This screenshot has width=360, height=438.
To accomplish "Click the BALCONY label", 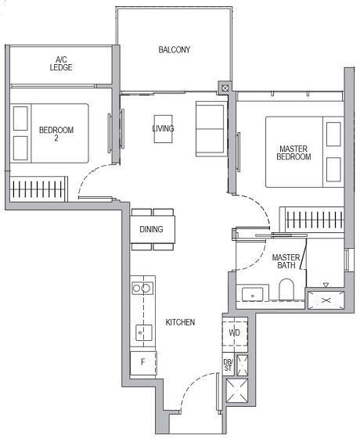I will [x=174, y=50].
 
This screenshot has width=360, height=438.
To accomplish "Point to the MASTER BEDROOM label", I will [x=293, y=152].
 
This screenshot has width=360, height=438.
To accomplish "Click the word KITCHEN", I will [x=180, y=322].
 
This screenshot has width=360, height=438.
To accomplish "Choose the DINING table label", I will [x=151, y=230].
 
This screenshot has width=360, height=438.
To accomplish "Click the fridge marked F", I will [x=142, y=362].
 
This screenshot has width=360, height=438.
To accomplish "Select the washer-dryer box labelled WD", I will [x=234, y=332].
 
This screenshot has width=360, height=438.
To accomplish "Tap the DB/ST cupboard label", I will [x=229, y=364].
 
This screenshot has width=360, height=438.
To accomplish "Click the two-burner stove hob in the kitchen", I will [x=142, y=288].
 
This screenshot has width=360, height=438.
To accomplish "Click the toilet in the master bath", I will [x=287, y=291].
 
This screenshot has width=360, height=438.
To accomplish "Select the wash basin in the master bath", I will [x=253, y=294].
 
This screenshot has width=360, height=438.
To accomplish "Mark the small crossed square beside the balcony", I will [x=225, y=88].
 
